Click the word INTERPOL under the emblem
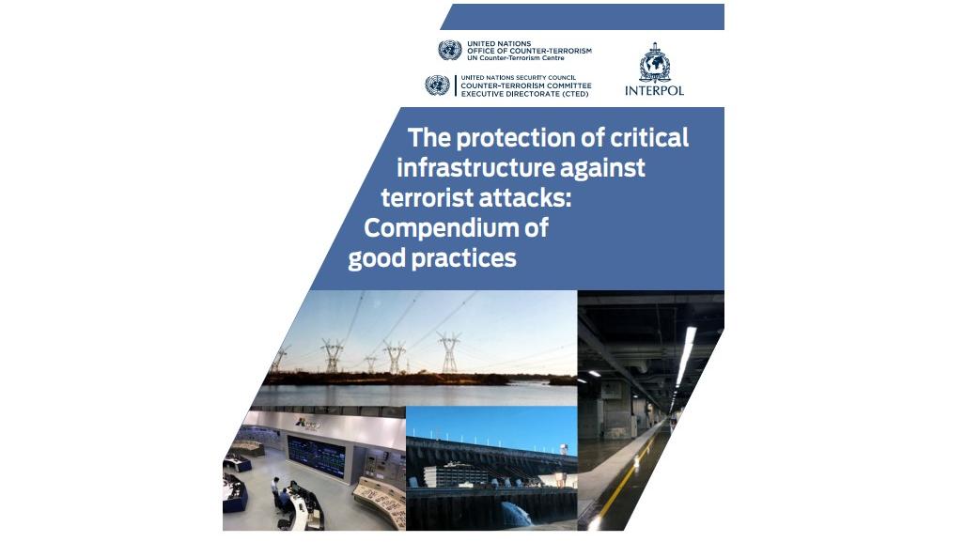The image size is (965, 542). point(654,90)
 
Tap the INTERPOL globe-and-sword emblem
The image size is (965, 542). point(654,62)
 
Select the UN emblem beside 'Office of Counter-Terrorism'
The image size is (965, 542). point(450,50)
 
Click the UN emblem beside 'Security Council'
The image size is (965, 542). point(437,85)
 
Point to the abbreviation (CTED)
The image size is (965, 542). point(571,94)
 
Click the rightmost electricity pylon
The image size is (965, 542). point(449,352)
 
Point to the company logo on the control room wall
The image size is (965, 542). point(307,424)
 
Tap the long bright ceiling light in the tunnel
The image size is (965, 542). point(686,356)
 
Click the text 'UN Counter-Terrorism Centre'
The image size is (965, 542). point(515,58)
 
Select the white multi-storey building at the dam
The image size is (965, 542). point(454,474)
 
